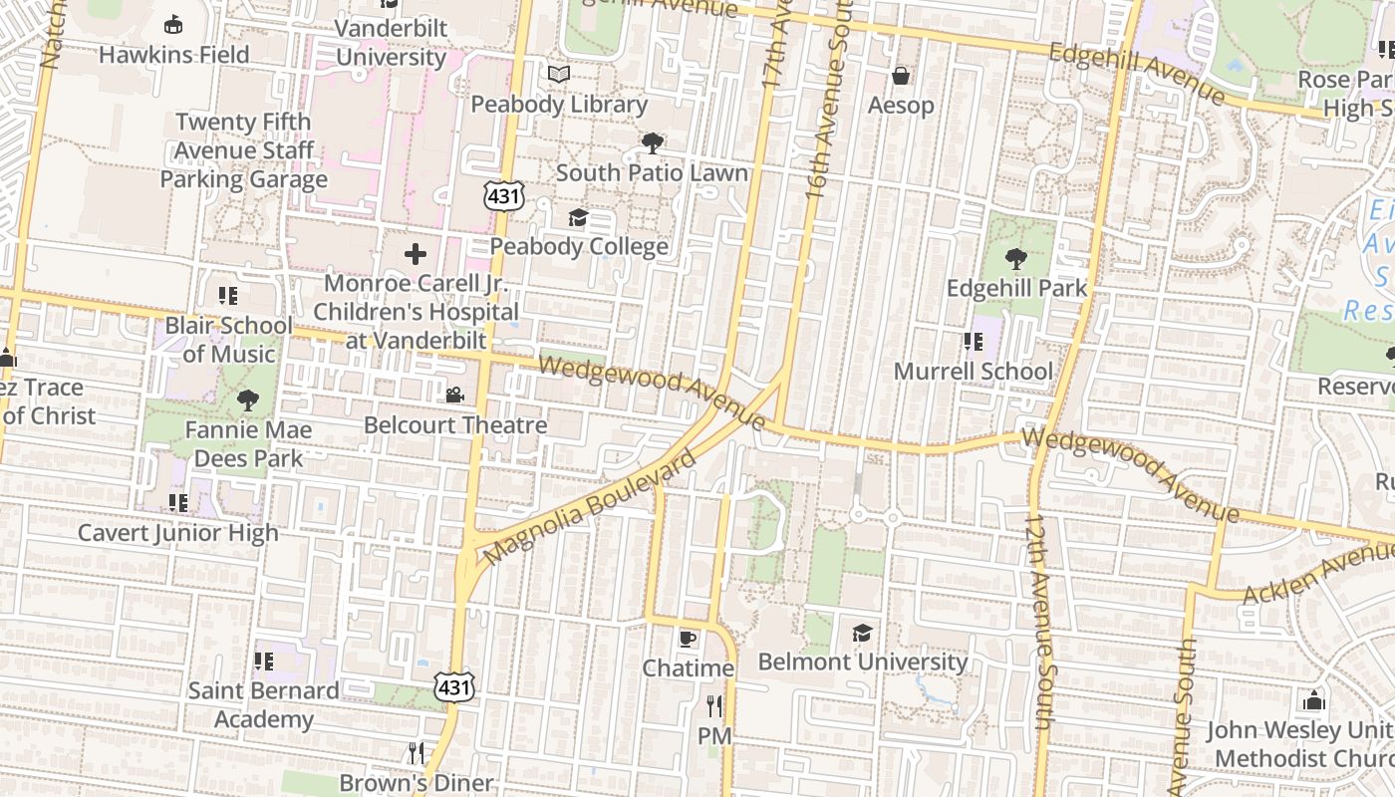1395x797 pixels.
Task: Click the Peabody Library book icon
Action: point(559,75)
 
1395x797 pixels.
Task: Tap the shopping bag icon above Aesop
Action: point(901,76)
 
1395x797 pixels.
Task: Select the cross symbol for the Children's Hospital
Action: point(416,254)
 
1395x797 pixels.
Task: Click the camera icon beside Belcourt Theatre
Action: point(454,396)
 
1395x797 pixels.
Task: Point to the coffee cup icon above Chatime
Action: point(687,638)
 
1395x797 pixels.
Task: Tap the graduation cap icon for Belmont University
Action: point(862,633)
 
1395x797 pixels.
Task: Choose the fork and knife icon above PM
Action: point(714,706)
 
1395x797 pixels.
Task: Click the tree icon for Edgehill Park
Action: point(1015,259)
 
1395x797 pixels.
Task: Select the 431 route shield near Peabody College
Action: point(504,196)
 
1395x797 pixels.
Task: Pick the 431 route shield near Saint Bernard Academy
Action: point(453,686)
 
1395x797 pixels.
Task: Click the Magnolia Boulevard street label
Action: point(589,506)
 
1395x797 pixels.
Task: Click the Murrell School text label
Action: point(973,372)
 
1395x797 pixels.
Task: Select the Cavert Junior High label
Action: point(178,533)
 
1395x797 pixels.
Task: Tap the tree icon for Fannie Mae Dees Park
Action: point(247,400)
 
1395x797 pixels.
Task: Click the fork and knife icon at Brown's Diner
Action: point(417,752)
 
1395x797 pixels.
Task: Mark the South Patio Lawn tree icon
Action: point(652,143)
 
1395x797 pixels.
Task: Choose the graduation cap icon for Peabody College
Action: point(578,217)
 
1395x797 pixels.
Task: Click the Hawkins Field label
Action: point(173,54)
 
